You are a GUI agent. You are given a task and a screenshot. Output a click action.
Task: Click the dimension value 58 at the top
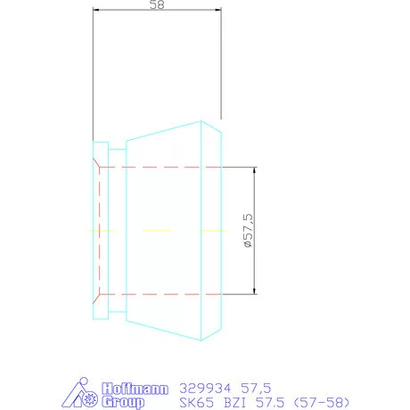tap(157, 6)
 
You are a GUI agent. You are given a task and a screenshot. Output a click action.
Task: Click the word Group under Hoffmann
tap(123, 402)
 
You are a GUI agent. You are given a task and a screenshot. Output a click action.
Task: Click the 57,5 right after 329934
tap(254, 388)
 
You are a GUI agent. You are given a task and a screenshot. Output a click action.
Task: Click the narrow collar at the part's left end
tap(101, 230)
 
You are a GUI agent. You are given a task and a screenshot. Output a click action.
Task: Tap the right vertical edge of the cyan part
tap(221, 230)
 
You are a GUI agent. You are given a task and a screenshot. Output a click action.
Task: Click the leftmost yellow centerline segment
tap(102, 230)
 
